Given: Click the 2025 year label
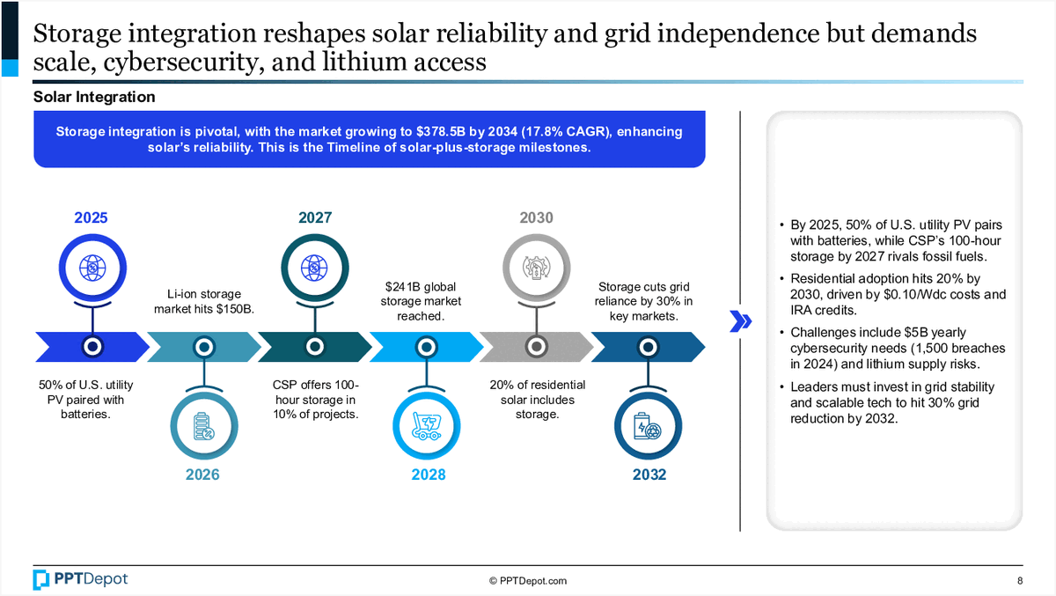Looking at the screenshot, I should (91, 217).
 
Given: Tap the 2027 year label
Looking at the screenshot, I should (315, 217).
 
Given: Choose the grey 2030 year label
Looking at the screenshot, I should (536, 217).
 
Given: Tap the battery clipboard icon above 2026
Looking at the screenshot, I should (203, 426).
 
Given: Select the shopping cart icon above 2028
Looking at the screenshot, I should (427, 426).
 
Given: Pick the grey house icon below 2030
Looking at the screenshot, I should (536, 267).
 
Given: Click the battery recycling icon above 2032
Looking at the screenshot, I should (648, 426).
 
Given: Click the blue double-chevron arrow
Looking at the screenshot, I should (741, 322).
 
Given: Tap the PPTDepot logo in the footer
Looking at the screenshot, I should (80, 578).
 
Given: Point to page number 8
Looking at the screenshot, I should (1019, 580).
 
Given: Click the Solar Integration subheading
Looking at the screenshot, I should (94, 97).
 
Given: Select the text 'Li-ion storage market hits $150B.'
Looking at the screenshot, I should (203, 301).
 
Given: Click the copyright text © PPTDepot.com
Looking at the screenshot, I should (528, 580).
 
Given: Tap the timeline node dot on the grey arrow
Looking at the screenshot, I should (535, 346).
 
